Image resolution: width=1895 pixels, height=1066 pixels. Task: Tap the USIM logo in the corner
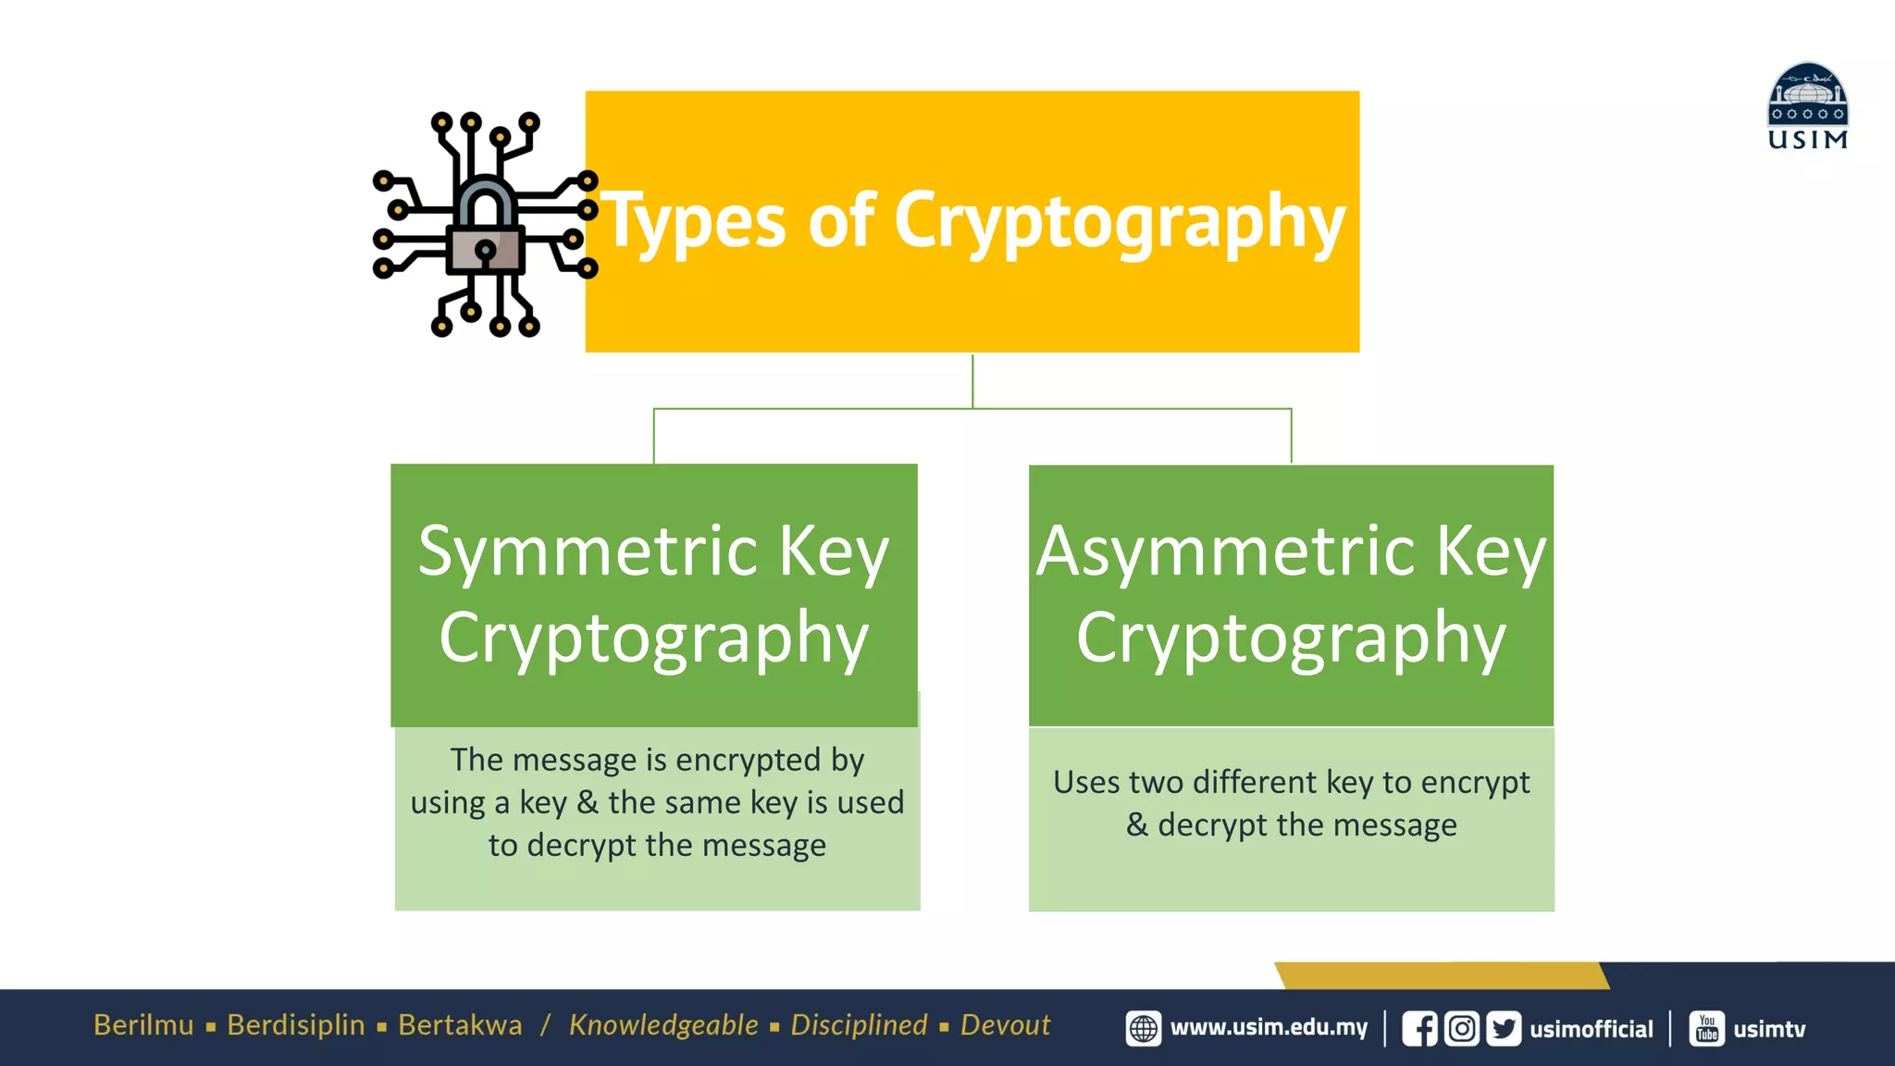[1807, 105]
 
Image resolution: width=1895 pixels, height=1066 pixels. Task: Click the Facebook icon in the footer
[1419, 1029]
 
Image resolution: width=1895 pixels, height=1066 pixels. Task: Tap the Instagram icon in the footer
[1462, 1029]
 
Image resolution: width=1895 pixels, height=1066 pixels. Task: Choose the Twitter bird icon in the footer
[1504, 1029]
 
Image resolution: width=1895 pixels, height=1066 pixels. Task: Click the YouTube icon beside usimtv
[1707, 1029]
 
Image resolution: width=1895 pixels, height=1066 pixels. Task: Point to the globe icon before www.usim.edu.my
[1144, 1029]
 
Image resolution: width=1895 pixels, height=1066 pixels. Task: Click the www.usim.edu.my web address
[1269, 1028]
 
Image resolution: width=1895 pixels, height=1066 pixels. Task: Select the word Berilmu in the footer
[143, 1025]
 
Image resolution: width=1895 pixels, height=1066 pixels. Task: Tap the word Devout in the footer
[1005, 1025]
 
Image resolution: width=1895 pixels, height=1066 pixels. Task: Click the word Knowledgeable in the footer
[663, 1025]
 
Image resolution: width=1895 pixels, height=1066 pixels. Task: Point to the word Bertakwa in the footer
[460, 1025]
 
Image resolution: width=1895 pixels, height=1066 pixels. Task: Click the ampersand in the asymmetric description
[1137, 824]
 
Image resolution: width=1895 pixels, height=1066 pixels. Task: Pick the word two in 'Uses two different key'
[1156, 783]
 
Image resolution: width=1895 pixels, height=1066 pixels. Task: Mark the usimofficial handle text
[1592, 1029]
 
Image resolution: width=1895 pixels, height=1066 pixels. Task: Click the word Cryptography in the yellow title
[1120, 222]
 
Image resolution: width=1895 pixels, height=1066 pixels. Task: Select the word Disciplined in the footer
[859, 1025]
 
